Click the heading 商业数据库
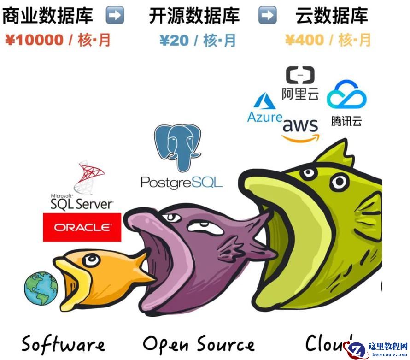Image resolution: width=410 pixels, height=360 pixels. click(x=47, y=16)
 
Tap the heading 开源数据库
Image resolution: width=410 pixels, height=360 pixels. click(x=194, y=16)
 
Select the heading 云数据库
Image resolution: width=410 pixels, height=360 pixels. click(x=332, y=16)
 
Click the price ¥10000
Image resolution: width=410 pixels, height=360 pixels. click(x=34, y=40)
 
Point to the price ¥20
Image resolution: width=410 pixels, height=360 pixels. click(x=174, y=40)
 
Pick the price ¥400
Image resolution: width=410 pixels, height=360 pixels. click(x=304, y=40)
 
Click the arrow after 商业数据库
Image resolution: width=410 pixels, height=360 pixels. click(x=115, y=16)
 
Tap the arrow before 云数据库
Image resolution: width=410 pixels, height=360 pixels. click(x=267, y=16)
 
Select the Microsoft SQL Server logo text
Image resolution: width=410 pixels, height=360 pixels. click(x=82, y=203)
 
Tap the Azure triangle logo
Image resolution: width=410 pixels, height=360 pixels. click(x=264, y=101)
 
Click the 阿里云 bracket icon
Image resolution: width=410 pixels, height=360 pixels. click(x=300, y=75)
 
